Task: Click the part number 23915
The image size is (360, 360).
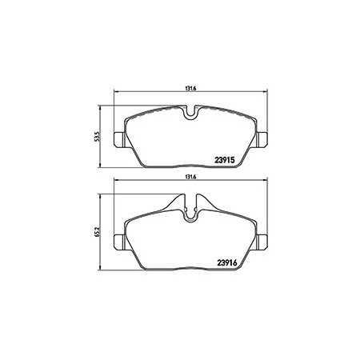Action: pos(225,160)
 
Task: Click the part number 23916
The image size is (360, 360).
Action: pos(227,263)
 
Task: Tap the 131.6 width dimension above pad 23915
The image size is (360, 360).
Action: pos(190,89)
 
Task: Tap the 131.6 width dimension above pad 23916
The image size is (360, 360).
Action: pos(190,177)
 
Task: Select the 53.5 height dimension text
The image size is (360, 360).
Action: pos(98,136)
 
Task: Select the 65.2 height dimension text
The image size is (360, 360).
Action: pos(98,232)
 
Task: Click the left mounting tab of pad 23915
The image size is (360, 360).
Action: pos(119,139)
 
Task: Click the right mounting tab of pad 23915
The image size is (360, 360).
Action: pos(262,139)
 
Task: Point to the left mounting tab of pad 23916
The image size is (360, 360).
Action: pos(119,242)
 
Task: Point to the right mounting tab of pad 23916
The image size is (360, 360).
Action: pos(262,242)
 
